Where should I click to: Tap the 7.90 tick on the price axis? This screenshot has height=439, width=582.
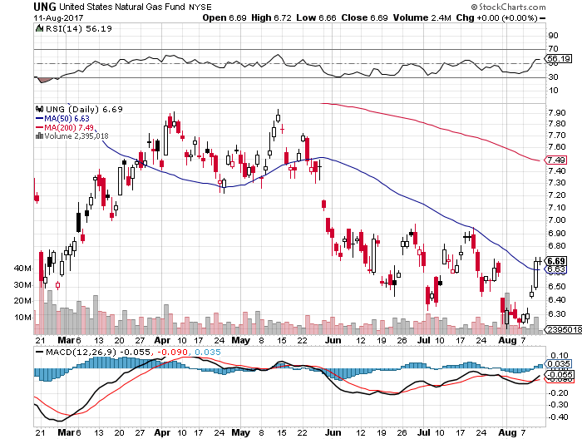click(x=558, y=112)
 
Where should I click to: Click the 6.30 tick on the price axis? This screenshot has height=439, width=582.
click(x=558, y=314)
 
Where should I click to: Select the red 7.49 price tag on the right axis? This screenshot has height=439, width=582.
click(x=557, y=160)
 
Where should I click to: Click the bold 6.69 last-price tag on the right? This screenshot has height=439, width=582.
click(x=557, y=260)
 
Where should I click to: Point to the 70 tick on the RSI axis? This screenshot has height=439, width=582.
click(x=552, y=49)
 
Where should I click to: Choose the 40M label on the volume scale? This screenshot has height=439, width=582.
click(x=22, y=269)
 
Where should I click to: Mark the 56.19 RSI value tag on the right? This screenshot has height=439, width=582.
click(x=556, y=60)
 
